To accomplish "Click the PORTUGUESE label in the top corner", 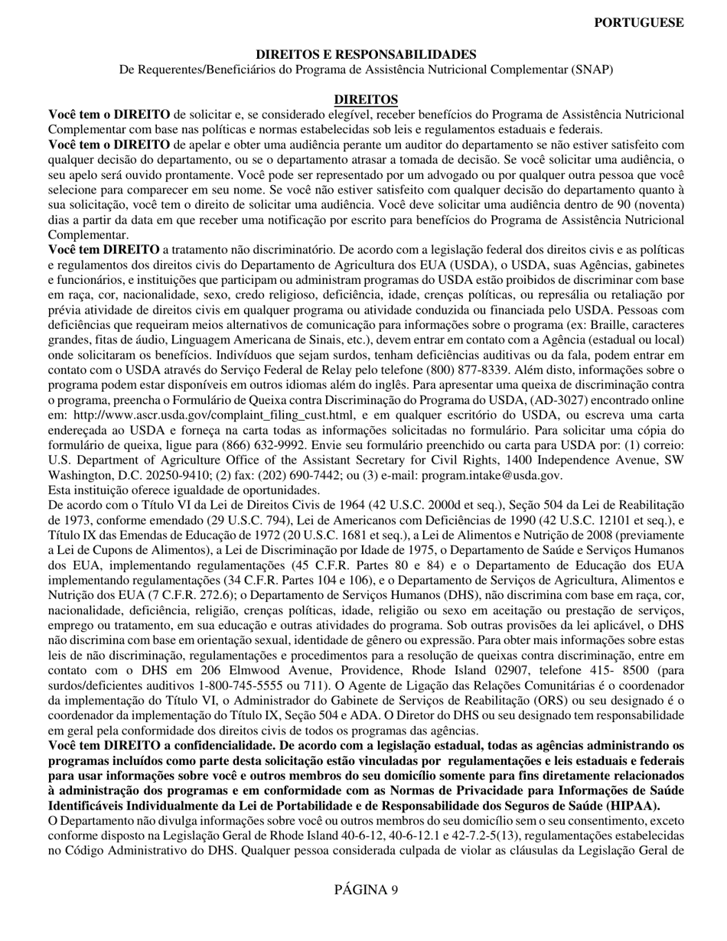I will point(639,23).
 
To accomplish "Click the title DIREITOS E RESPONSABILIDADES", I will point(366,54).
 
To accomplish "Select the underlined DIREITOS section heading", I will point(366,99).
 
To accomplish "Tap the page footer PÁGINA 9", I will point(366,889).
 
